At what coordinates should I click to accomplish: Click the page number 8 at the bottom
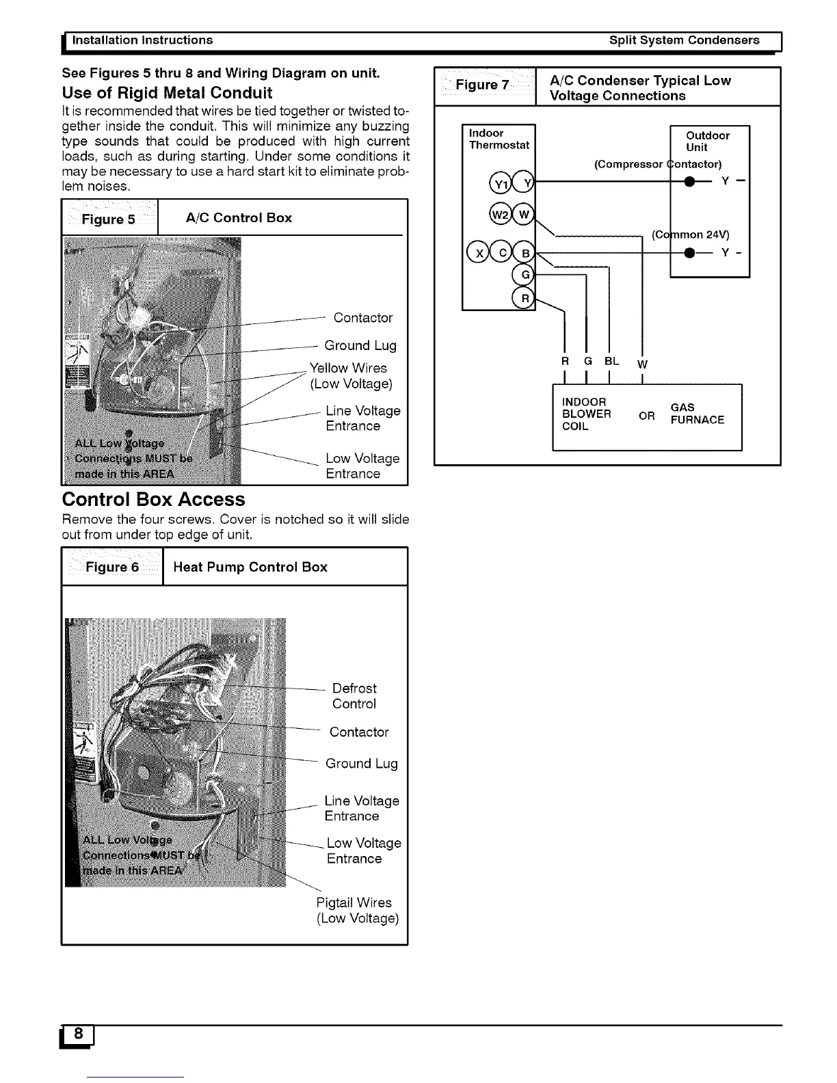(x=79, y=1034)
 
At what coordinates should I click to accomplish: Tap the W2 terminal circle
(x=500, y=215)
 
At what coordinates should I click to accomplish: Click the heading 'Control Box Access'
(x=153, y=499)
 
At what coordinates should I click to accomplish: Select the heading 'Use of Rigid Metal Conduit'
(x=167, y=93)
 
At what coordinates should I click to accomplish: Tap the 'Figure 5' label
(x=109, y=219)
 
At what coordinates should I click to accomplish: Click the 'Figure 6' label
(x=112, y=567)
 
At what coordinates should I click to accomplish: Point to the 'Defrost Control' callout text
(x=354, y=696)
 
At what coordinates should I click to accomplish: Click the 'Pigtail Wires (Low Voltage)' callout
(x=357, y=911)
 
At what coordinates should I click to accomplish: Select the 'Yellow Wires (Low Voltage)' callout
(x=351, y=376)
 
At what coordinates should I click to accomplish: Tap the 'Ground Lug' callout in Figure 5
(x=360, y=345)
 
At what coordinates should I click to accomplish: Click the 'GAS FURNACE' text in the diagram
(x=697, y=414)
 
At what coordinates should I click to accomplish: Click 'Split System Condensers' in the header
(x=684, y=40)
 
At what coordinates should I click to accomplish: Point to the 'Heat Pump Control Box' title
(x=250, y=567)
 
